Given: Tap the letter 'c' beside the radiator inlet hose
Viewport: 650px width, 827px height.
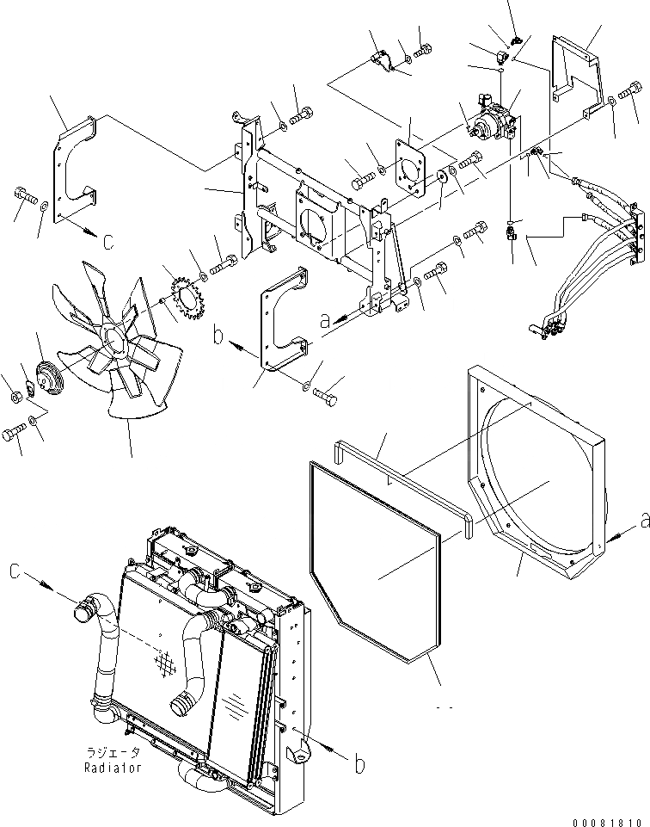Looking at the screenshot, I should (x=15, y=571).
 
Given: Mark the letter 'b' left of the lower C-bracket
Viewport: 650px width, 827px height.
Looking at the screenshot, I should (x=218, y=337).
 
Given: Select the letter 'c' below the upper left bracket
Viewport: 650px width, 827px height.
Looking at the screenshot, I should (x=108, y=242).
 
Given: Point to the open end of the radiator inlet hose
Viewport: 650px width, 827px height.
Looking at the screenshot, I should (x=83, y=613).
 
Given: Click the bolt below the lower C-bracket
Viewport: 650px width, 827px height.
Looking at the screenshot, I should (x=325, y=397).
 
